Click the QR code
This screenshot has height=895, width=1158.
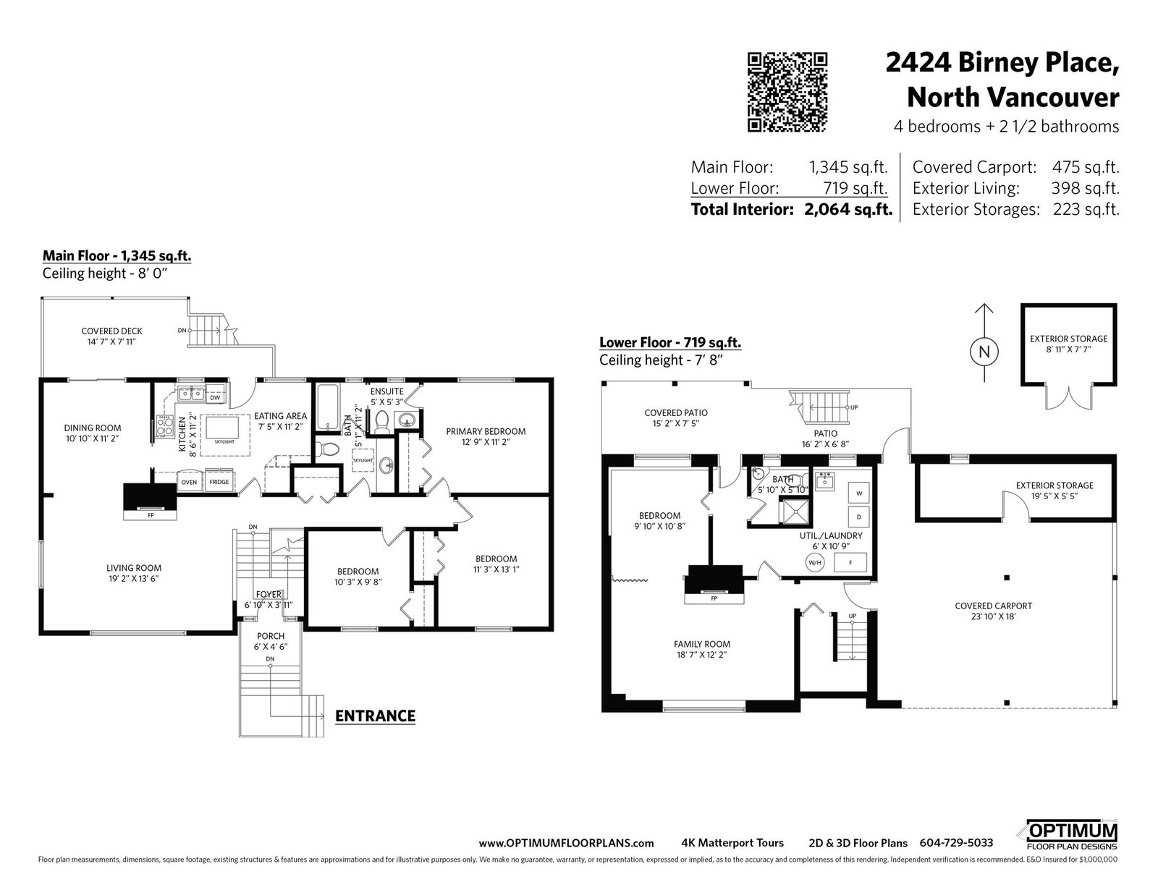787,92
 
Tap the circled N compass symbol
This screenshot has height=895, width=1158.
984,352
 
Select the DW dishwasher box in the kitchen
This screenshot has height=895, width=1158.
215,397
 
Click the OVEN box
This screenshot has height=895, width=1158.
189,482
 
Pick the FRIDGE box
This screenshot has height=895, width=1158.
219,482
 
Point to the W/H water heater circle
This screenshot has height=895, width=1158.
815,562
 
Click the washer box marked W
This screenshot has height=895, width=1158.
859,493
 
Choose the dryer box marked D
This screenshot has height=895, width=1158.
859,517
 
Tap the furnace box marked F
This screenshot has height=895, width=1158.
850,562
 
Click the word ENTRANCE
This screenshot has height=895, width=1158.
375,716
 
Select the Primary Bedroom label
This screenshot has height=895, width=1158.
486,431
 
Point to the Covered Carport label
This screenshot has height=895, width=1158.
993,606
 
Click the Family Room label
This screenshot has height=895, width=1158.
702,643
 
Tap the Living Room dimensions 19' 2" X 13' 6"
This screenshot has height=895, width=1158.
133,579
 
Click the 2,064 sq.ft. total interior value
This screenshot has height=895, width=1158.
848,209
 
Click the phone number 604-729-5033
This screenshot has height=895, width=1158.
956,843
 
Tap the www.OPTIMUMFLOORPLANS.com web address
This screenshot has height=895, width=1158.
566,844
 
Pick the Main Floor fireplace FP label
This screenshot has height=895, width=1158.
151,515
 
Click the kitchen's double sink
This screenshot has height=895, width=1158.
191,393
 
